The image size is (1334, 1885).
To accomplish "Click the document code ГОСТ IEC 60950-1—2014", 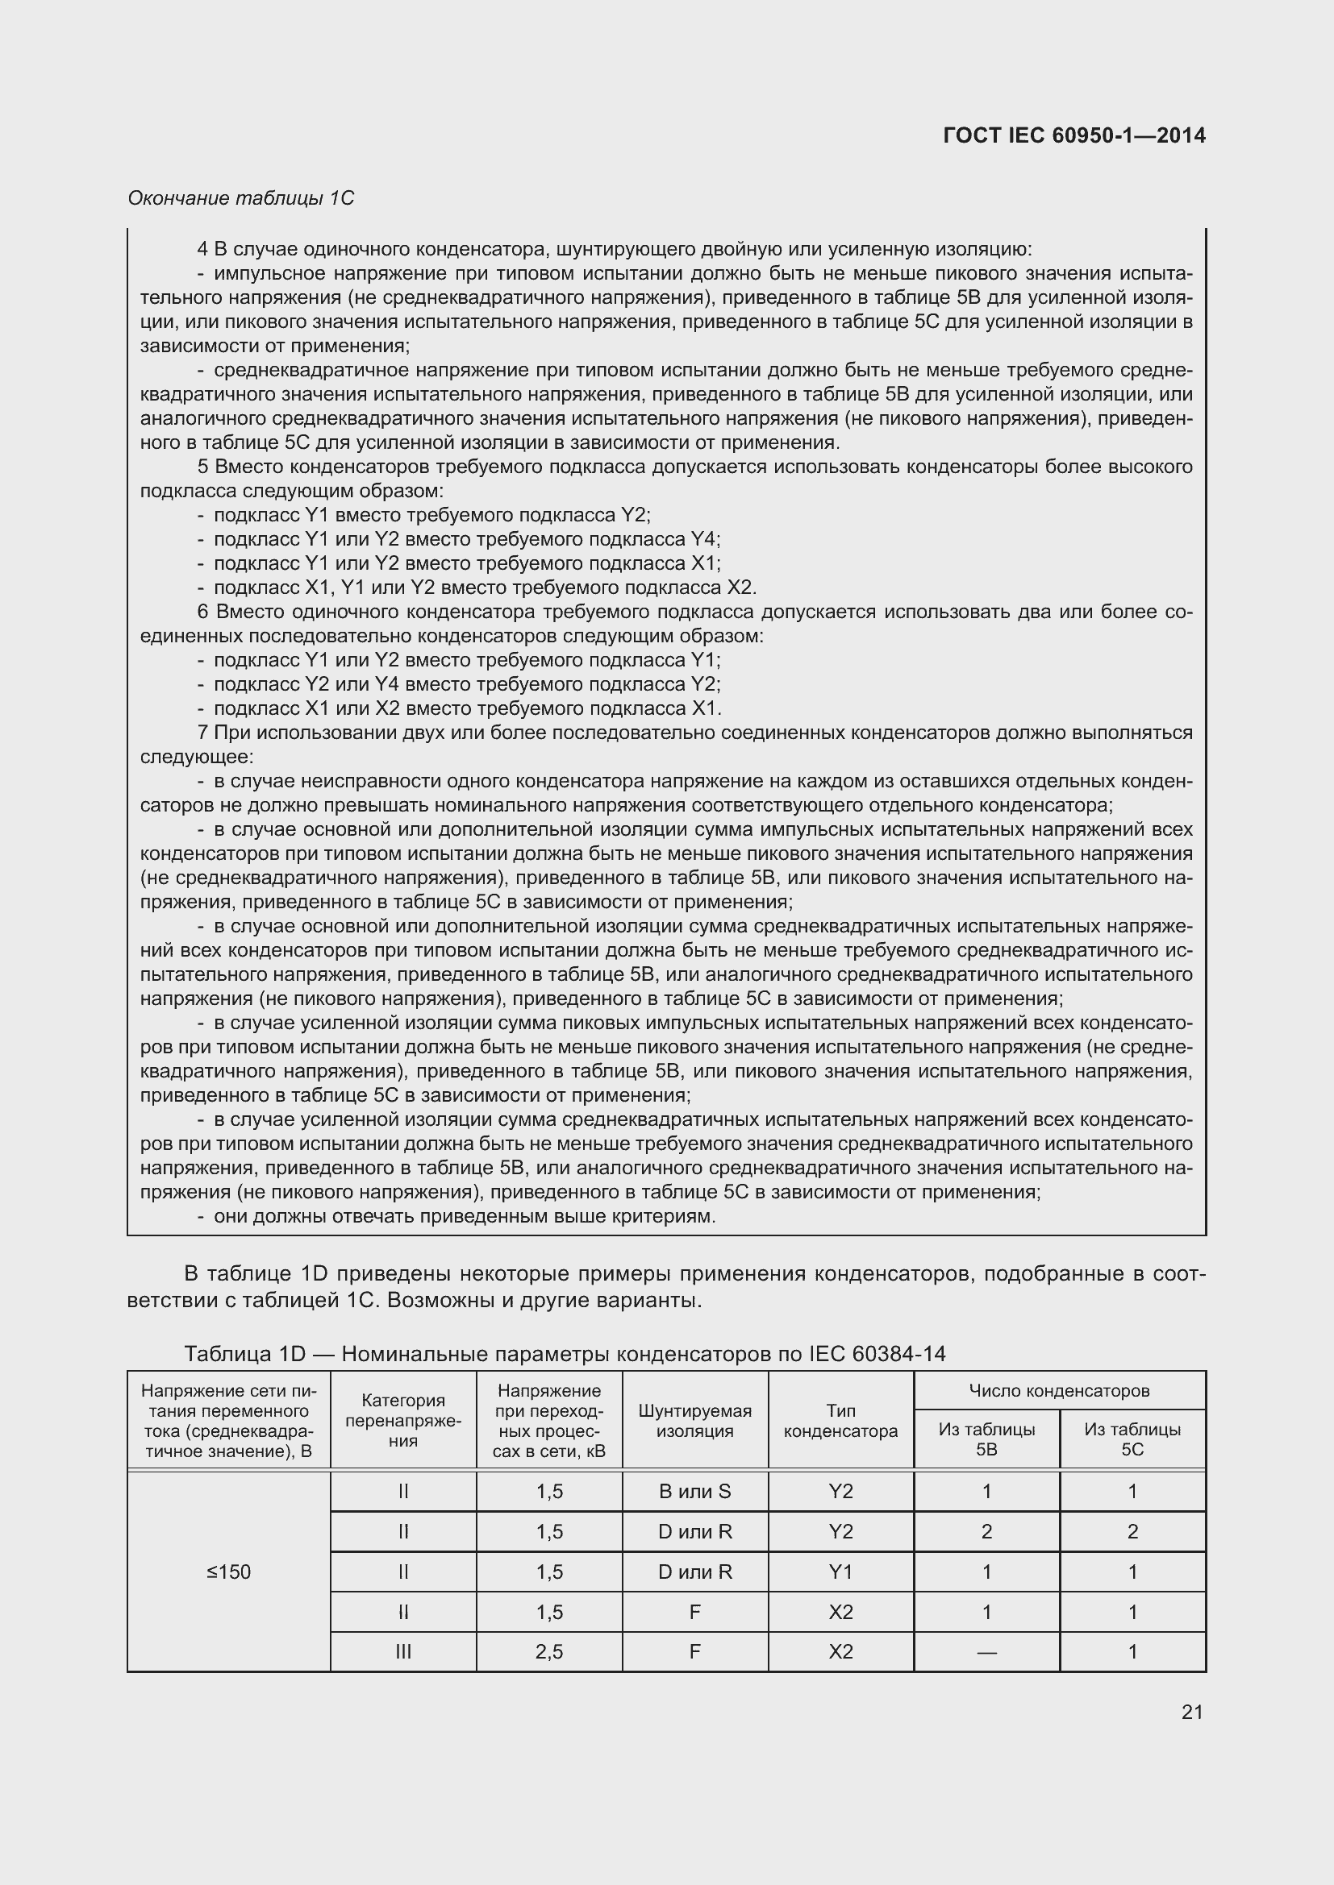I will click(1073, 135).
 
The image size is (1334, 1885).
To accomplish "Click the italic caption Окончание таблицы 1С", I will click(240, 198).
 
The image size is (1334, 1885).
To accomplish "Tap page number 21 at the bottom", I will click(1192, 1712).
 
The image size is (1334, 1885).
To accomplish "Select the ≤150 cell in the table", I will click(228, 1572).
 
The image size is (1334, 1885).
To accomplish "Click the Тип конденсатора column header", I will click(840, 1421).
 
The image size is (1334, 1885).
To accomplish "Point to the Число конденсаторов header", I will click(1059, 1391).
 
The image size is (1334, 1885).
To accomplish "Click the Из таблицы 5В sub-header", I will click(986, 1439).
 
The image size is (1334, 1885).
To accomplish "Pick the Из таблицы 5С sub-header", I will click(1132, 1439).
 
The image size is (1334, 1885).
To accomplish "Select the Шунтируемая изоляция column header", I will click(695, 1421).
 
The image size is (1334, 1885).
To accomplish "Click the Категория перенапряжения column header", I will click(402, 1420).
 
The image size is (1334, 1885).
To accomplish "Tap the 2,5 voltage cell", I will click(548, 1651).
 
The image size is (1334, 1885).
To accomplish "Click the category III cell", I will click(402, 1651).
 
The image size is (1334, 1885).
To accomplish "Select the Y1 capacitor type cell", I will click(840, 1572).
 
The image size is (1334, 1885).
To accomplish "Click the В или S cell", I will click(695, 1492).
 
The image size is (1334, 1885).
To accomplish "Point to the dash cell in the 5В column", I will click(986, 1651).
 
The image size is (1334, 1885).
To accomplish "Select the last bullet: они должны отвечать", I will click(464, 1216).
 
